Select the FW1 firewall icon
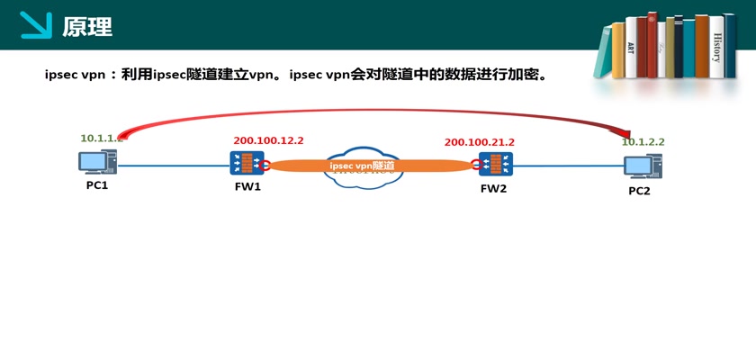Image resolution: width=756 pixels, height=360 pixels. click(x=246, y=163)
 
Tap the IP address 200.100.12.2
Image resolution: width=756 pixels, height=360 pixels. click(x=268, y=140)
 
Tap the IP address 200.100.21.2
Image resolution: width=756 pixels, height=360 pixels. click(x=479, y=142)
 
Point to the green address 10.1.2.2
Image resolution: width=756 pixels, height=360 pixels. click(x=643, y=142)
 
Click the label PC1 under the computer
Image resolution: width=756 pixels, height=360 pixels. click(x=97, y=185)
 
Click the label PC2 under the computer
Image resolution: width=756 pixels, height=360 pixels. click(x=639, y=191)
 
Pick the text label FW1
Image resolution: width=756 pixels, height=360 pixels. click(x=247, y=187)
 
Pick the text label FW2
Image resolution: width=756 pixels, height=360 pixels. click(x=494, y=188)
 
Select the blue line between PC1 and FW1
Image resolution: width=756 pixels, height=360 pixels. click(x=171, y=165)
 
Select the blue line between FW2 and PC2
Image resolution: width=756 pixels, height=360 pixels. click(x=567, y=166)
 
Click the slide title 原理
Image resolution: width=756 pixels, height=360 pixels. click(x=87, y=27)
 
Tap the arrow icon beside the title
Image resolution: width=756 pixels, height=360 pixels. click(x=36, y=25)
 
